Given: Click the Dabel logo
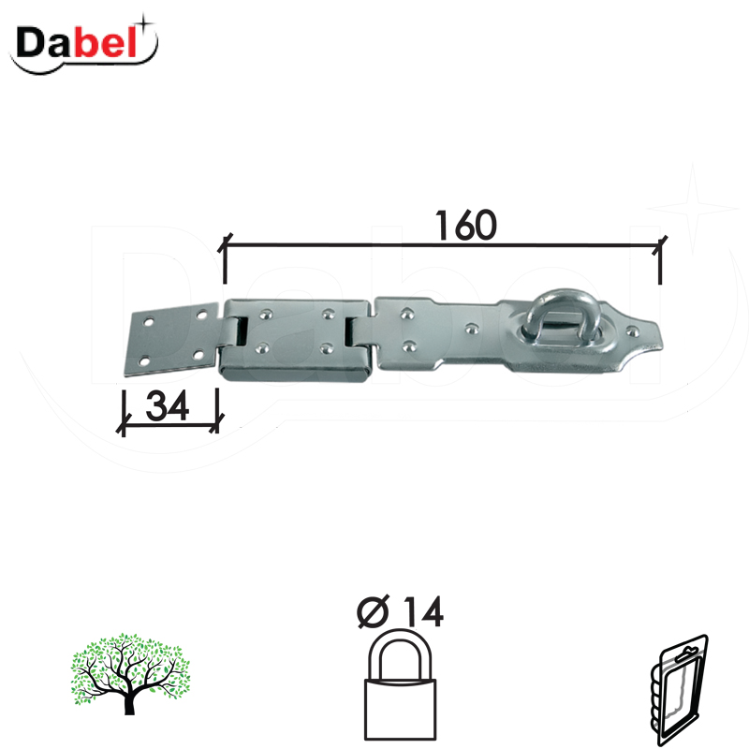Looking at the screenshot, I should tap(84, 43).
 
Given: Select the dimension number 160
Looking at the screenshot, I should tap(464, 225).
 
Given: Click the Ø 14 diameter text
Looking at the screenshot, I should tap(400, 612).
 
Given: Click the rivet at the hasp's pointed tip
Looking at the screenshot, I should tap(634, 330).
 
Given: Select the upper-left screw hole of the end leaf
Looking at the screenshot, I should tap(146, 322).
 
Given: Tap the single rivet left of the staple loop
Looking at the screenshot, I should tap(472, 329).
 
